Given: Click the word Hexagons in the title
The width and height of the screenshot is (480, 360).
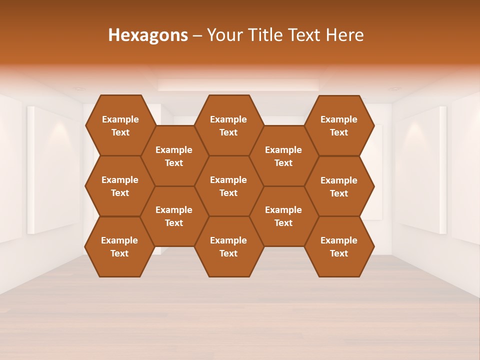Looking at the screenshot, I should click(148, 35).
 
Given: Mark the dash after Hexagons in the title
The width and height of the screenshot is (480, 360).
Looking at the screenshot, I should click(197, 35).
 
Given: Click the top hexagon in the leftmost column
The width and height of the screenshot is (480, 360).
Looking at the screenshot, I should click(120, 125).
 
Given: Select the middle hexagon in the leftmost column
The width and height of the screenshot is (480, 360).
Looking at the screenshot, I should click(120, 186).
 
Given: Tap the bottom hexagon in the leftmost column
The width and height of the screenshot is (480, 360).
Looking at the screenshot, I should click(119, 246).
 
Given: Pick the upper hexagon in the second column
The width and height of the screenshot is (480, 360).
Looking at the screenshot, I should click(174, 156).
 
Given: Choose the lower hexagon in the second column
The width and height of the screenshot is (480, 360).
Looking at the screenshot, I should click(174, 216).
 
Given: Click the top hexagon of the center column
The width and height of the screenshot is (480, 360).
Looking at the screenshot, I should click(228, 125).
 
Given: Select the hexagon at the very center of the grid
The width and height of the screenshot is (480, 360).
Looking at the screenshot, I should click(228, 186).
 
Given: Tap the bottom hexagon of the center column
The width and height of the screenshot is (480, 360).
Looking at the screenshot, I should click(228, 246).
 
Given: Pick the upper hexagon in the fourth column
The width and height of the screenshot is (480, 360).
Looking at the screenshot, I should click(283, 156).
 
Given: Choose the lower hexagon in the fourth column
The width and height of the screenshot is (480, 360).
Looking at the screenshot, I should click(283, 216).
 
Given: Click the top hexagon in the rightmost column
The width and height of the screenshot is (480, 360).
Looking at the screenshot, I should click(339, 125).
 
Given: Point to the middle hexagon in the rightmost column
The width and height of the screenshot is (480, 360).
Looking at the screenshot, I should click(339, 186).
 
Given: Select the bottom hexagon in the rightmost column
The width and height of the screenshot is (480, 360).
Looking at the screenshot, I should click(339, 246).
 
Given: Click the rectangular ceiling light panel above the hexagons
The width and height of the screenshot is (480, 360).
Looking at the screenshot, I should click(238, 84).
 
